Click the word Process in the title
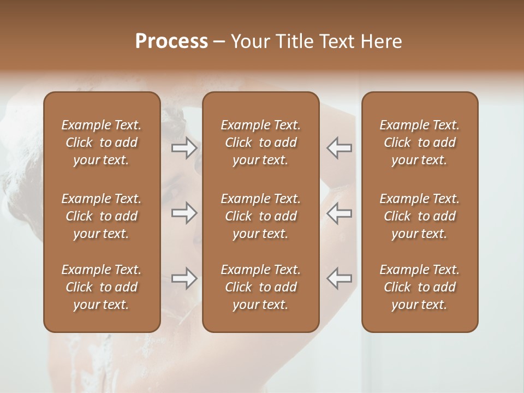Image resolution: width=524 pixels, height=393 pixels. pos(171,41)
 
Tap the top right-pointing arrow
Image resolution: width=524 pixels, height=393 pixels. pos(184,147)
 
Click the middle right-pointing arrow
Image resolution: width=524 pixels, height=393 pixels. pos(184,213)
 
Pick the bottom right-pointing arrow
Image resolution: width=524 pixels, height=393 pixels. pos(184,278)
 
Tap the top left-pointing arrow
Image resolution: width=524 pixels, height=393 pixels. pos(340,147)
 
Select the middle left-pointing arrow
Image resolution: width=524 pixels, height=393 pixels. pos(340,213)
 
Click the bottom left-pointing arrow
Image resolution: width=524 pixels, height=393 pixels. pos(340,278)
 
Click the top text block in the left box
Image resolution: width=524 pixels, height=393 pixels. pos(102,142)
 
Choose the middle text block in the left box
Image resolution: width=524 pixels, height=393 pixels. pos(102,216)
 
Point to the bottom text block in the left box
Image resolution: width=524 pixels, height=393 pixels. pos(102,287)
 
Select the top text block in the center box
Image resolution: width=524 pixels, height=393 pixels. pos(261,142)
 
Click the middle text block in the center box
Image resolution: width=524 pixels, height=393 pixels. pos(261,216)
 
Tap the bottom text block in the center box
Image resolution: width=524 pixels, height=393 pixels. pos(261,287)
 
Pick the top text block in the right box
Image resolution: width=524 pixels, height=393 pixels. pos(420,142)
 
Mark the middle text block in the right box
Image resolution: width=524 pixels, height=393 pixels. pos(420,216)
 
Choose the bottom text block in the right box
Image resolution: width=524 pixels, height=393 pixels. pos(420,287)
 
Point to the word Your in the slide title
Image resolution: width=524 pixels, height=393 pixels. pos(249,41)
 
